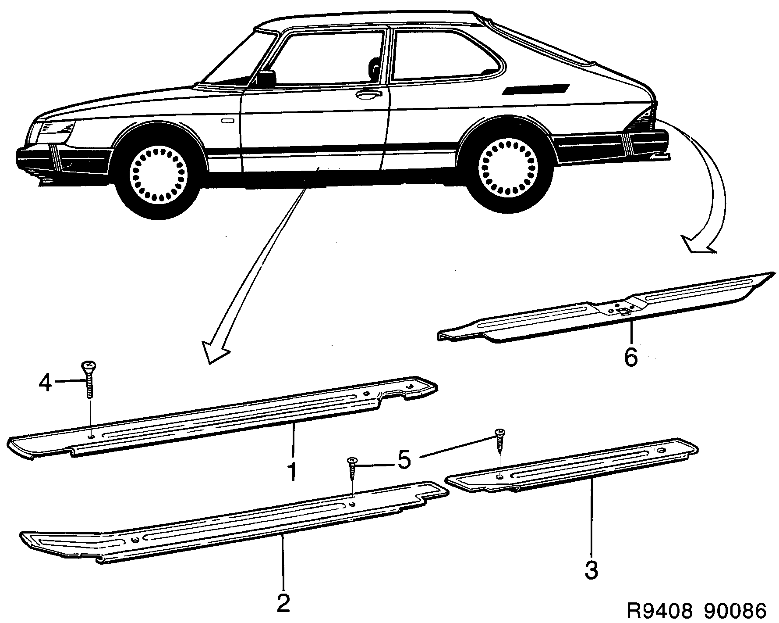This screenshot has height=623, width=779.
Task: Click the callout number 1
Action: pos(292,470)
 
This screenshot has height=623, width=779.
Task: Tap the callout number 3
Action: pos(591,570)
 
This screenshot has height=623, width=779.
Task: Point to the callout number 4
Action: pos(45,383)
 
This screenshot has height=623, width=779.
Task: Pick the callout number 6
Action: pos(631,358)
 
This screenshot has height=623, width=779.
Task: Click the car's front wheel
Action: pos(159,173)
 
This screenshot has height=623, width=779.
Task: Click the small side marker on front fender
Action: pos(227,121)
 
